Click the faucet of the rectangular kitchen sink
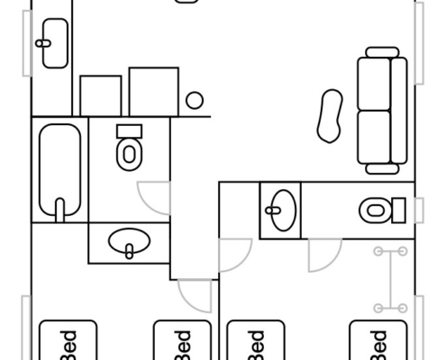(43, 43)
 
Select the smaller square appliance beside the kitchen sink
(101, 95)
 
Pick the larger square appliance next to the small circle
(154, 92)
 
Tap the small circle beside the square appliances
(195, 100)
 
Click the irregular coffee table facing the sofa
(330, 116)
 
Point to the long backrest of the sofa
(399, 111)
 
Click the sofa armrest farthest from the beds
(382, 52)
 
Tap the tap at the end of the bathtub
(60, 210)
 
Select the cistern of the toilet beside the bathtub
(129, 131)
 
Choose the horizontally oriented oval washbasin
(129, 241)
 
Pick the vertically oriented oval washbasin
(284, 211)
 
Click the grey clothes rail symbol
(390, 280)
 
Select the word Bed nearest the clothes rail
(379, 345)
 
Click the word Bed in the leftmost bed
(68, 345)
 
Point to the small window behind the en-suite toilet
(419, 211)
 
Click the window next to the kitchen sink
(27, 43)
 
